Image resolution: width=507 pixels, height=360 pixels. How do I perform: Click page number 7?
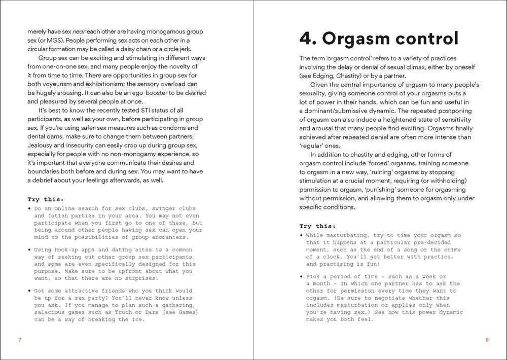click(19, 340)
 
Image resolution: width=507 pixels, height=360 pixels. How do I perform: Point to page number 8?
click(487, 340)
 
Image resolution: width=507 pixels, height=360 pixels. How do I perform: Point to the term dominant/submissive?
click(343, 111)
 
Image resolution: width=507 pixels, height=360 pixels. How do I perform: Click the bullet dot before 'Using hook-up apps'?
click(29, 250)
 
